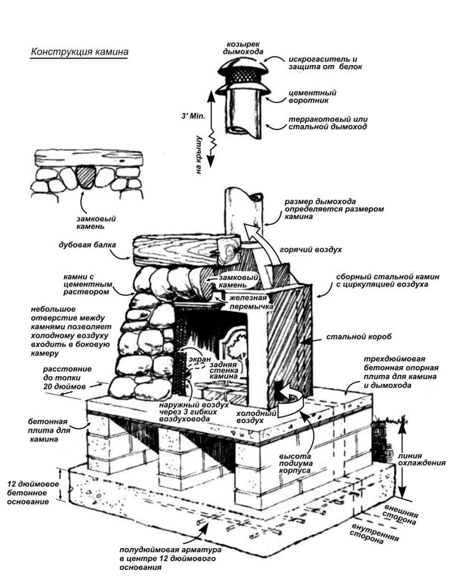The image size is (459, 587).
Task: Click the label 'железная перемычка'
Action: [252, 302]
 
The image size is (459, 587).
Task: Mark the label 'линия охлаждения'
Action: [426, 458]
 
